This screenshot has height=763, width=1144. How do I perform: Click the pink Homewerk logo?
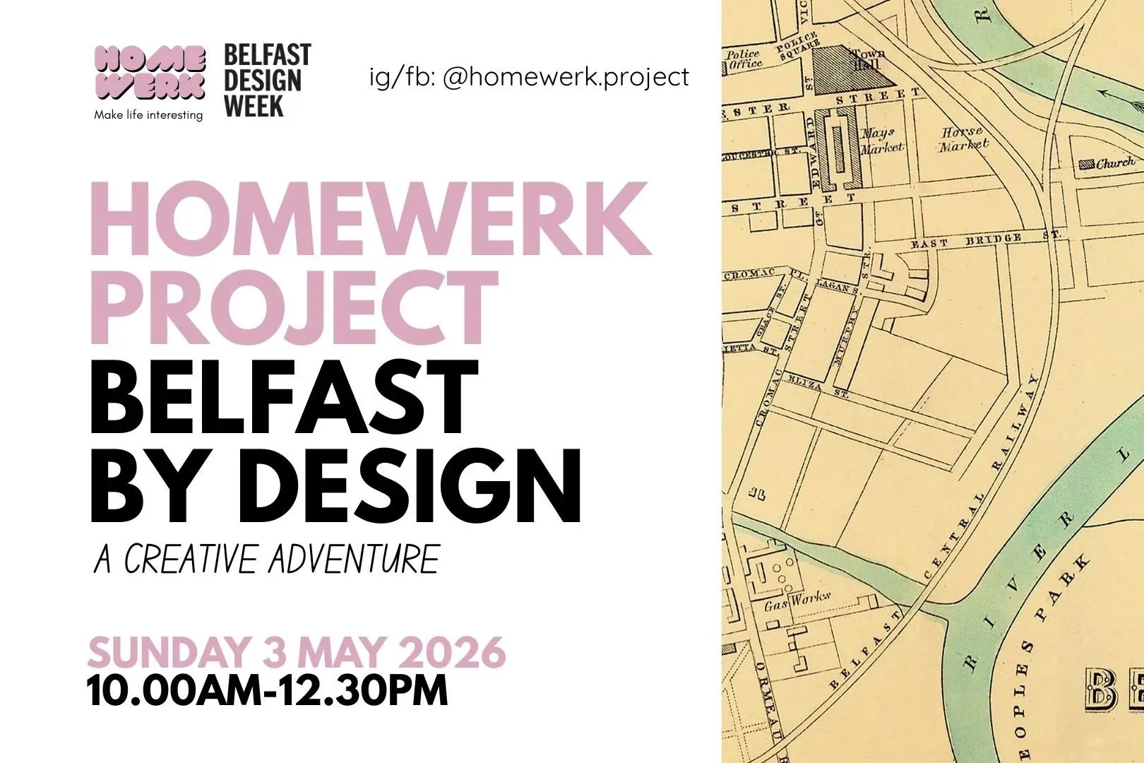click(150, 73)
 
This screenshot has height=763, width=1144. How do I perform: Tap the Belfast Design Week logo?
click(266, 81)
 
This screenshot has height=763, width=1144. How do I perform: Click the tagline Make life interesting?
click(148, 114)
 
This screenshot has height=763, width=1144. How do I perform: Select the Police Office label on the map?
click(744, 59)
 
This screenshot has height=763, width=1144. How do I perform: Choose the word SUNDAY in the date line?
click(169, 653)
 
